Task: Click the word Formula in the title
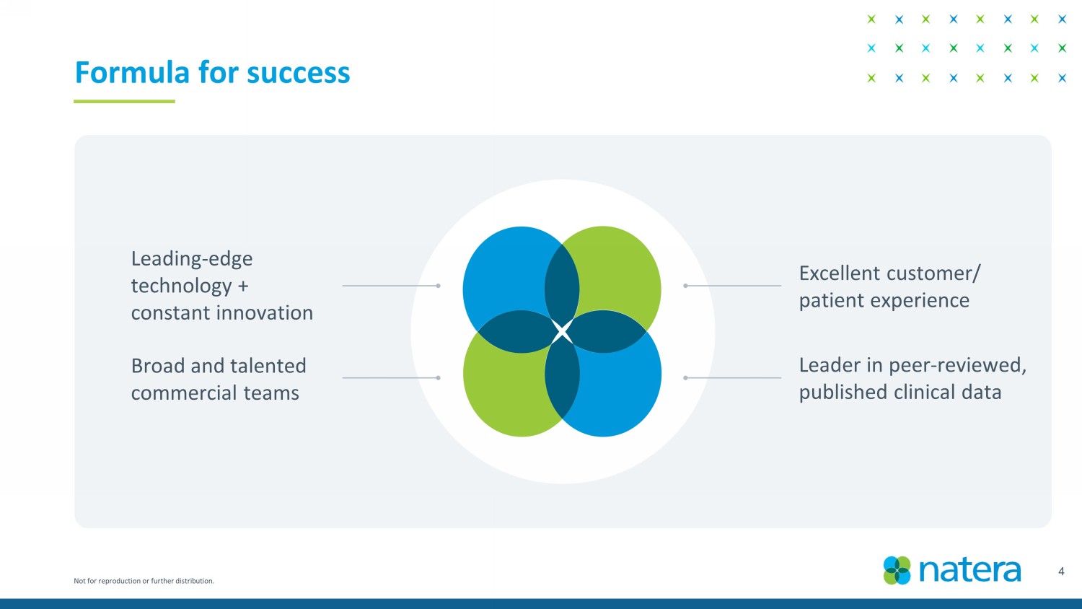tap(132, 72)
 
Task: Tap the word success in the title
tap(298, 74)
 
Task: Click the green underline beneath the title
tap(124, 102)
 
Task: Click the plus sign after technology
tap(243, 286)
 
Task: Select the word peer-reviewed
tap(958, 365)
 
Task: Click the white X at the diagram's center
tap(562, 332)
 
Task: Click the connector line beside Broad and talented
tap(391, 378)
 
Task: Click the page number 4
tap(1061, 571)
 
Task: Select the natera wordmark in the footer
tap(970, 570)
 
